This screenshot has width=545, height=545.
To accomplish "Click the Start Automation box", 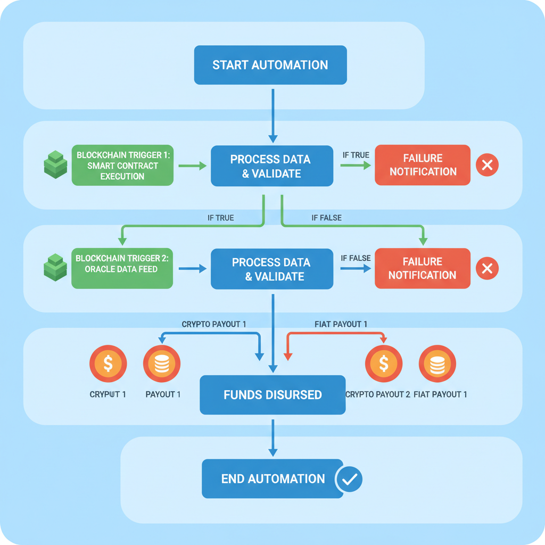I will pyautogui.click(x=270, y=65).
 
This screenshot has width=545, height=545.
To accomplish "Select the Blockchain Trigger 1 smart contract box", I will pyautogui.click(x=122, y=165).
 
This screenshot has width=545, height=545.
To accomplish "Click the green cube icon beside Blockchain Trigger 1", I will pyautogui.click(x=55, y=164).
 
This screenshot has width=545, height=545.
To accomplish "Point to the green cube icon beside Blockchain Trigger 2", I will pyautogui.click(x=55, y=267).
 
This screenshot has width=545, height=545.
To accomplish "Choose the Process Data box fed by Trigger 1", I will pyautogui.click(x=272, y=166).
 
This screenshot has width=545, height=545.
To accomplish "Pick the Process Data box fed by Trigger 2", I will pyautogui.click(x=272, y=269).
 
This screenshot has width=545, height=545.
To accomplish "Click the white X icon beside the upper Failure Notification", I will pyautogui.click(x=486, y=165).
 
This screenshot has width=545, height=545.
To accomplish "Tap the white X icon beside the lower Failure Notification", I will pyautogui.click(x=486, y=269).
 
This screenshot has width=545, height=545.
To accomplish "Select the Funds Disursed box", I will pyautogui.click(x=272, y=395).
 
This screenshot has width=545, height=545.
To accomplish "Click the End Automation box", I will pyautogui.click(x=272, y=478).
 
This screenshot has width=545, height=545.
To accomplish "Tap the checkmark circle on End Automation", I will pyautogui.click(x=349, y=479).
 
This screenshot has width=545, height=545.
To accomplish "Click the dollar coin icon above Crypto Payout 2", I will pyautogui.click(x=383, y=364).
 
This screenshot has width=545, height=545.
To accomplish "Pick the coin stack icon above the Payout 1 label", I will pyautogui.click(x=162, y=364).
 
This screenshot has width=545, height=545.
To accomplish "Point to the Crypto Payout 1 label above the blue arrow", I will pyautogui.click(x=214, y=324).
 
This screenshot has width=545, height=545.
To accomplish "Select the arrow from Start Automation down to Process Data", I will pyautogui.click(x=272, y=115).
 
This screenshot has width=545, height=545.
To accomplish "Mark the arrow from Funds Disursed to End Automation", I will pyautogui.click(x=272, y=437).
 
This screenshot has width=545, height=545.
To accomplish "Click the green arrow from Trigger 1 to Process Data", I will pyautogui.click(x=192, y=166).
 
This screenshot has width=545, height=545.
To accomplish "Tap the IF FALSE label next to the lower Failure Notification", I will pyautogui.click(x=356, y=258).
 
